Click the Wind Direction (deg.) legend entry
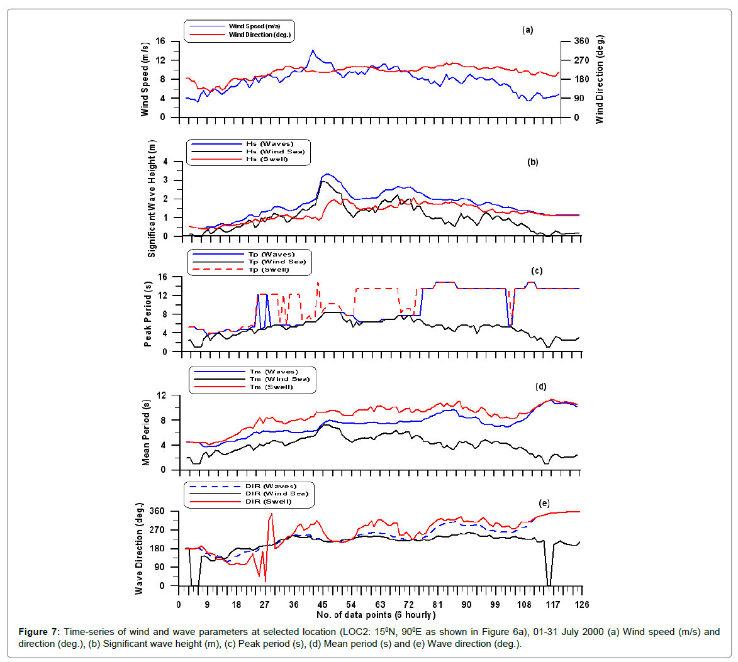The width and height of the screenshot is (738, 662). pyautogui.click(x=259, y=35)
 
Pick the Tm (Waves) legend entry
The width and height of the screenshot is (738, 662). pyautogui.click(x=273, y=372)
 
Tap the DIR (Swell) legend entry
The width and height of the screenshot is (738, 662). pyautogui.click(x=269, y=501)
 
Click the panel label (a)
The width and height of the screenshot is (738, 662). pyautogui.click(x=527, y=30)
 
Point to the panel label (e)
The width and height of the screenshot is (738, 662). pyautogui.click(x=544, y=503)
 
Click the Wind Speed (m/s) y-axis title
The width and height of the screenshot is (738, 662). pyautogui.click(x=145, y=79)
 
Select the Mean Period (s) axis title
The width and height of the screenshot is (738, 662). pyautogui.click(x=146, y=433)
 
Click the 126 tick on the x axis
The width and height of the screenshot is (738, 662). pyautogui.click(x=581, y=605)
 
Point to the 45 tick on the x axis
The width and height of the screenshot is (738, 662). pyautogui.click(x=322, y=605)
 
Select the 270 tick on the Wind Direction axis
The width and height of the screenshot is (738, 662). pyautogui.click(x=581, y=60)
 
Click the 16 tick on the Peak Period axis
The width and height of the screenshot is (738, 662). pyautogui.click(x=162, y=277)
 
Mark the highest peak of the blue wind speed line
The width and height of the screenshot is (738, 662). pyautogui.click(x=313, y=50)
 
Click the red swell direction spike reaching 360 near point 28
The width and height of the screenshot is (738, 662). pyautogui.click(x=271, y=514)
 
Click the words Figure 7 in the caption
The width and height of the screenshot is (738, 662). pyautogui.click(x=39, y=632)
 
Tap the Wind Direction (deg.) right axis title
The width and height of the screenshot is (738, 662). pyautogui.click(x=600, y=79)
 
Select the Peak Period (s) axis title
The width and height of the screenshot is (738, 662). pyautogui.click(x=148, y=314)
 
